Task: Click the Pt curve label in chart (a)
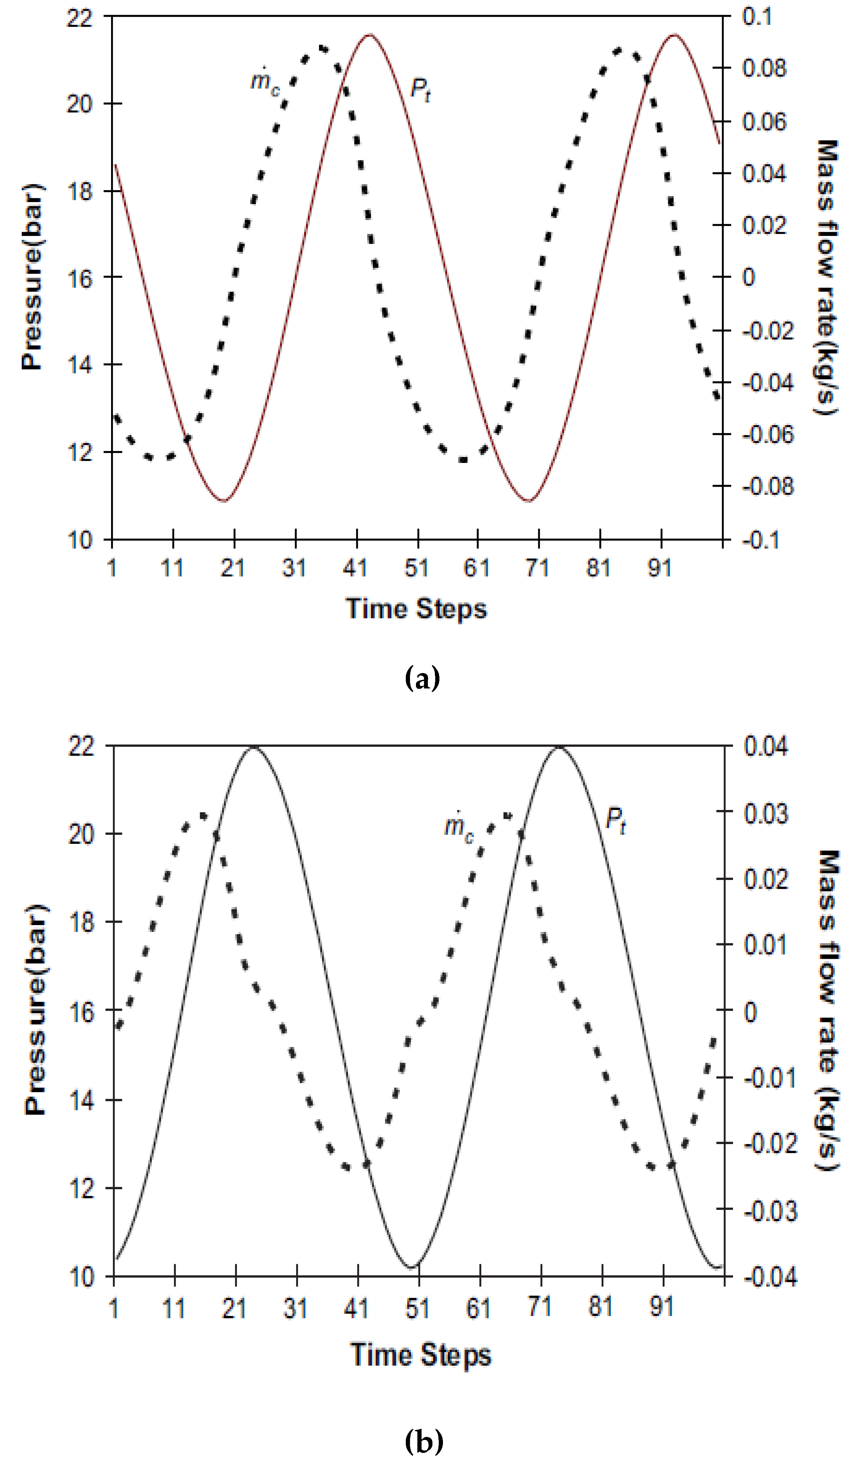click(420, 90)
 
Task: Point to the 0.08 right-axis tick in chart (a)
click(764, 68)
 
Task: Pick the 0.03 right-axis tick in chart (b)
click(766, 813)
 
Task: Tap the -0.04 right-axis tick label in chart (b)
click(770, 1276)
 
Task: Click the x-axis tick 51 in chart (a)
click(417, 568)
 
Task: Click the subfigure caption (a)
click(422, 678)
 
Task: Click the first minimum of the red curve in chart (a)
click(224, 500)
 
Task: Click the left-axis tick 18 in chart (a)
click(80, 191)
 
